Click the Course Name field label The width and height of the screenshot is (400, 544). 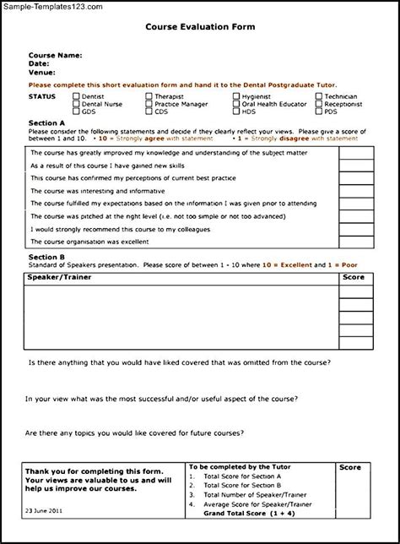(x=55, y=55)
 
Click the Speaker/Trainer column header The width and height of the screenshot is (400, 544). (x=59, y=276)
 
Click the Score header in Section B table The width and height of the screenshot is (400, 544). (x=354, y=276)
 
